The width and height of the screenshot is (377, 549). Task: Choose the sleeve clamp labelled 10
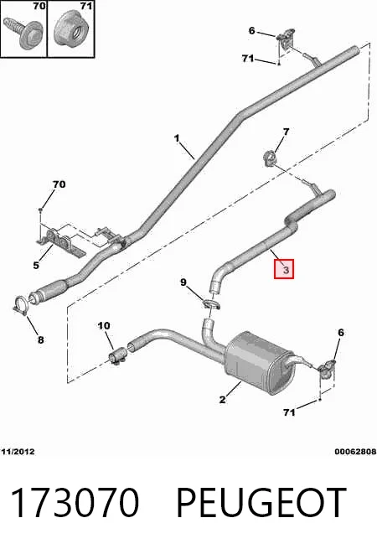[117, 355]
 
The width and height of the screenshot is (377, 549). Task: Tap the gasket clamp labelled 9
[210, 304]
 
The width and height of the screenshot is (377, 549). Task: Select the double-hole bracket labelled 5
[59, 241]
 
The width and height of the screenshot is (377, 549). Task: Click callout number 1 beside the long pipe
[177, 138]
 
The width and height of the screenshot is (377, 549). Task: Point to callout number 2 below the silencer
[222, 399]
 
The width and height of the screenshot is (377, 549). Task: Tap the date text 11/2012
[18, 452]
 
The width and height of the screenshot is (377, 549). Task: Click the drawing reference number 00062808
[355, 452]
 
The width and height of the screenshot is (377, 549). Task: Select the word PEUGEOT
[261, 502]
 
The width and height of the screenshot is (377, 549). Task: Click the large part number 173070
[75, 502]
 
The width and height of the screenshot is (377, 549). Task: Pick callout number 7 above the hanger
[286, 132]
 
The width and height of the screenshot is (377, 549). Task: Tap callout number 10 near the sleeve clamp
[104, 326]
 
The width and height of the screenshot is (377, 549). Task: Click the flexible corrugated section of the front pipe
[53, 288]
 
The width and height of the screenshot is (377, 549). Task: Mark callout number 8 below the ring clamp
[40, 339]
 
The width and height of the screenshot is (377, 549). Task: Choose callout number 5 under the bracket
[36, 266]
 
